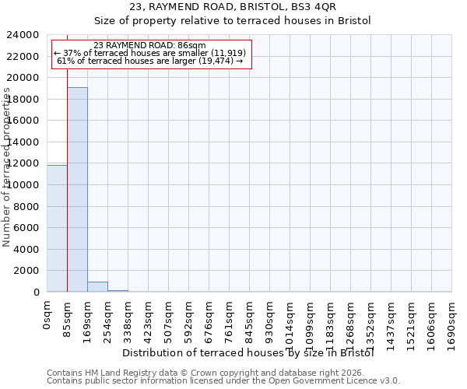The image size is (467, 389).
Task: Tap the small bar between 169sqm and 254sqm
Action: click(x=97, y=286)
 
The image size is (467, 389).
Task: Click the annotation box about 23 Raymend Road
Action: click(x=151, y=54)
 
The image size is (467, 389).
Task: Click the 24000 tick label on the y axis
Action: click(x=24, y=35)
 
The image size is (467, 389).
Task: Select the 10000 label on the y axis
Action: click(x=24, y=185)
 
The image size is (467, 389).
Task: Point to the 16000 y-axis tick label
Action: click(x=24, y=121)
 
